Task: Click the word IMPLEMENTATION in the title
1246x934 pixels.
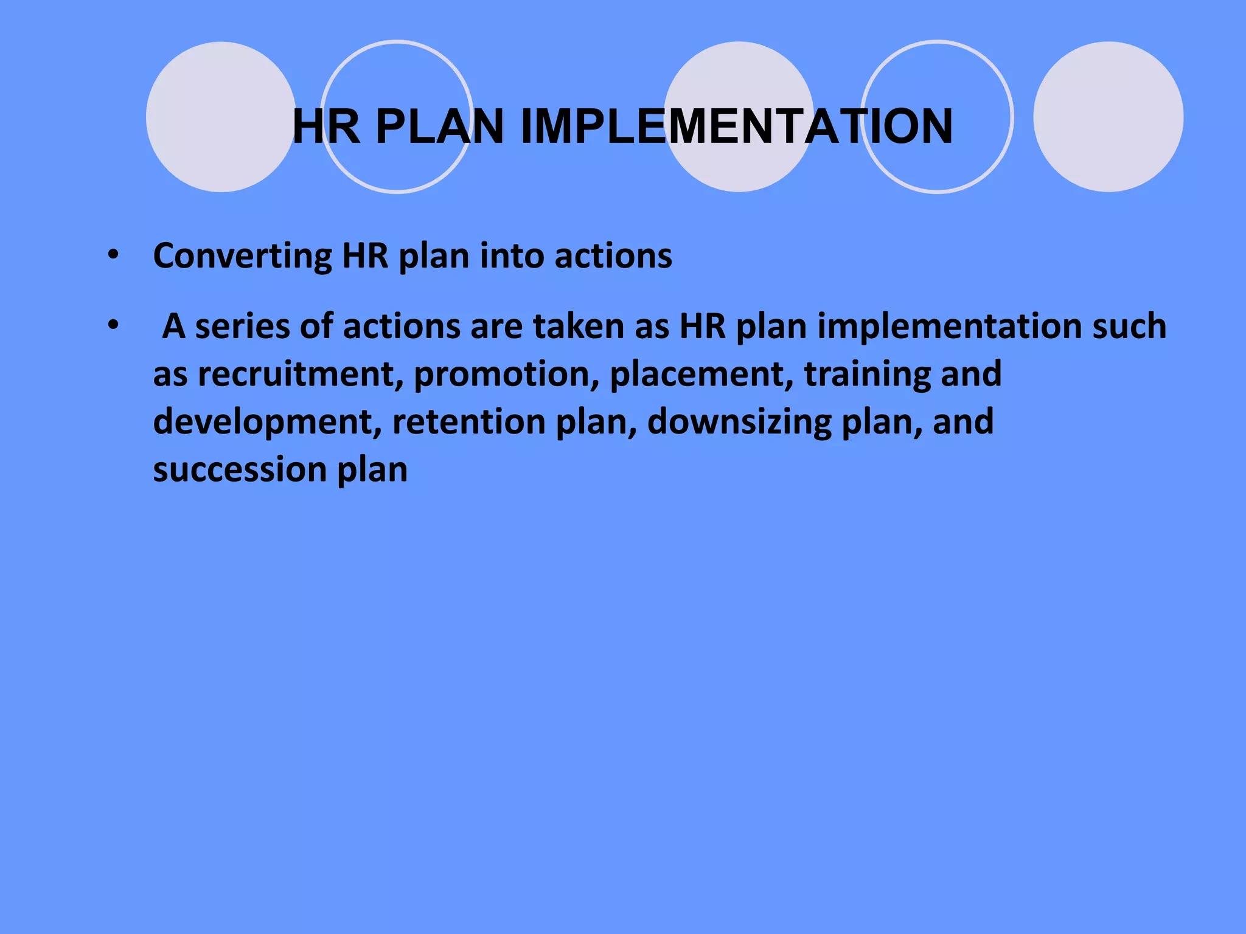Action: [736, 126]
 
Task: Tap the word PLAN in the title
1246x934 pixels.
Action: [440, 126]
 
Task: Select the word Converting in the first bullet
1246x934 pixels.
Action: [242, 256]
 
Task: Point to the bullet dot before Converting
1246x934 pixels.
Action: [113, 255]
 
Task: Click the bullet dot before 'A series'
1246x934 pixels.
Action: [113, 326]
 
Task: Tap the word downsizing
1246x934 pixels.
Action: [739, 422]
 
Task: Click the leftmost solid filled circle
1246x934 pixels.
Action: [221, 117]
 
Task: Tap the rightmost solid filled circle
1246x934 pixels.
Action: [1108, 117]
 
